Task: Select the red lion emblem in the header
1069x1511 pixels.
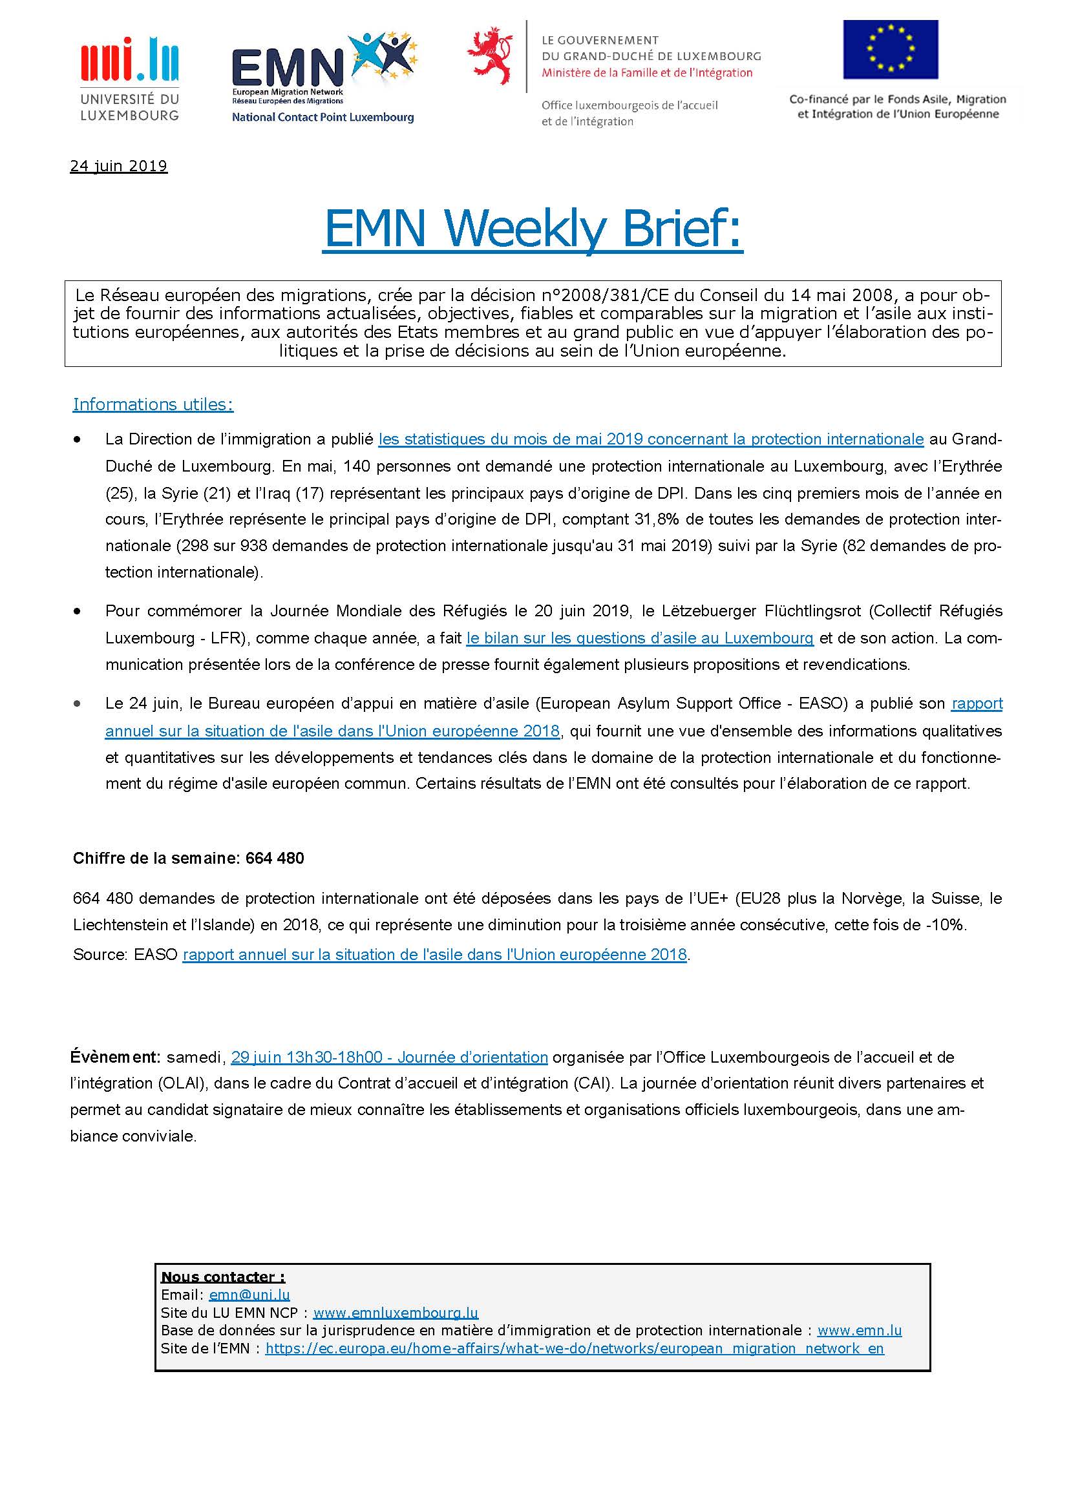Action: pyautogui.click(x=492, y=57)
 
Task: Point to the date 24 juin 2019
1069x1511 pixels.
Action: pyautogui.click(x=118, y=166)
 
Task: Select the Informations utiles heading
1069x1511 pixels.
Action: pyautogui.click(x=153, y=404)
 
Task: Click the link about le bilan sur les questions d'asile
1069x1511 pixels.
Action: pyautogui.click(x=639, y=638)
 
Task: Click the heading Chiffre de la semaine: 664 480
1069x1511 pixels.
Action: pyautogui.click(x=188, y=858)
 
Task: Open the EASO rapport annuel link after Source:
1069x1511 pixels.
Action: pyautogui.click(x=434, y=954)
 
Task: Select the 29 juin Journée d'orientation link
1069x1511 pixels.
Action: pyautogui.click(x=389, y=1057)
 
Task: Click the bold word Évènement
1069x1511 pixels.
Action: pyautogui.click(x=114, y=1057)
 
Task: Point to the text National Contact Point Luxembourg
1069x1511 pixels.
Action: pyautogui.click(x=323, y=117)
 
